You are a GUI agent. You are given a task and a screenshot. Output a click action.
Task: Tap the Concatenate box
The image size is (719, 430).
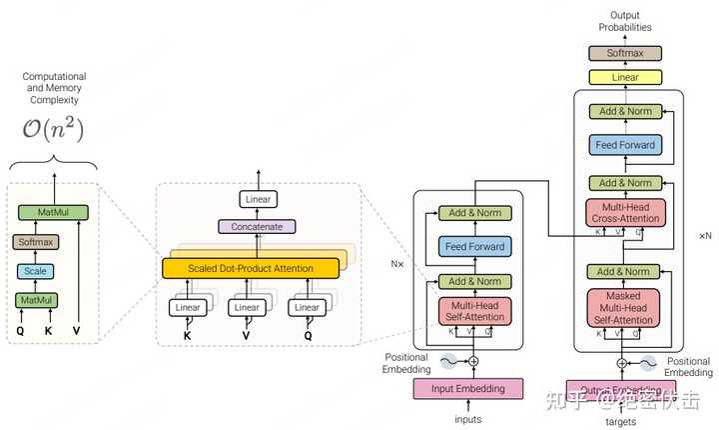[258, 227]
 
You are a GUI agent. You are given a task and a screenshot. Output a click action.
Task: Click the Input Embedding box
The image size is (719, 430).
[467, 388]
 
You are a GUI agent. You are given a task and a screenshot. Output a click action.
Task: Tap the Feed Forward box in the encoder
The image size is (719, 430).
[474, 246]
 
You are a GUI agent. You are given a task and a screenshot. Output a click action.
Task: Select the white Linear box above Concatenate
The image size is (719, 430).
[258, 200]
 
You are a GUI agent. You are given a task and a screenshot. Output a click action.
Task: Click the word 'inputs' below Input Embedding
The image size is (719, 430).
[467, 418]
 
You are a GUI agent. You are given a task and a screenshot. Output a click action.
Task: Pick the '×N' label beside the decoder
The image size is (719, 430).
[705, 236]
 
